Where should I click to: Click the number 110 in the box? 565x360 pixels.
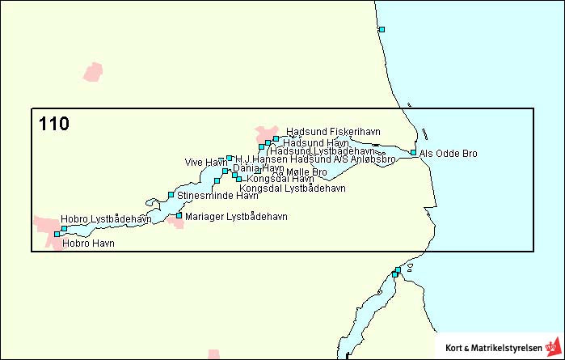point(53,125)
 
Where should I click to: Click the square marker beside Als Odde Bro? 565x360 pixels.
point(413,152)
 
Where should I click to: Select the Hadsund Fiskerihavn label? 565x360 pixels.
point(333,132)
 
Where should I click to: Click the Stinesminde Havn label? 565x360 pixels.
point(217,196)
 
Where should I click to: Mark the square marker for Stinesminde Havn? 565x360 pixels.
point(171,194)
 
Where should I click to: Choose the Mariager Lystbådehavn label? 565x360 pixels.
point(236,217)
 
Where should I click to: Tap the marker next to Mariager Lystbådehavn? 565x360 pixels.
point(179,215)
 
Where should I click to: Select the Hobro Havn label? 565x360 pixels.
point(88,243)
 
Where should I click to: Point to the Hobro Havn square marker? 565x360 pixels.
point(57,235)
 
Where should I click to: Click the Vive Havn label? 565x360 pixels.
point(205,163)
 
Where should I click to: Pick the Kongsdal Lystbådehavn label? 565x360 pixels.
point(293,188)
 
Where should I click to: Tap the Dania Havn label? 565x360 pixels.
point(258,168)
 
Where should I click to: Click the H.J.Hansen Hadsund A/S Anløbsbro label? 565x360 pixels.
point(315,160)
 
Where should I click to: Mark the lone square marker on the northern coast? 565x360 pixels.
point(382,29)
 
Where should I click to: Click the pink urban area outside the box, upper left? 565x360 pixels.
point(94,72)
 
